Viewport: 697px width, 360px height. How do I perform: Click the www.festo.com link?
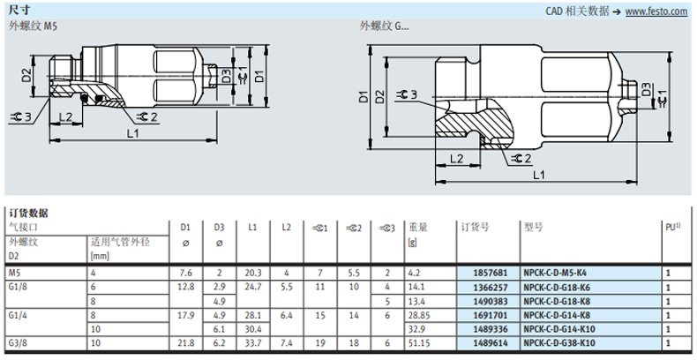coord(656,11)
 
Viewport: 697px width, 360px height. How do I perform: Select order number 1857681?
coord(491,273)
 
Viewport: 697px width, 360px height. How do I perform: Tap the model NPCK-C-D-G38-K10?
coord(559,343)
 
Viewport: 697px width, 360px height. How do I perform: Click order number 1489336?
coord(491,329)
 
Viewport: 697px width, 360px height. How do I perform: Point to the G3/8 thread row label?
coord(18,343)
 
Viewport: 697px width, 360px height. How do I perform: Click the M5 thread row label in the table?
coord(14,273)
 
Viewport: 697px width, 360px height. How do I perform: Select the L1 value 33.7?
coord(253,343)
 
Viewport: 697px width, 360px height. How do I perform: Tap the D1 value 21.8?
coord(186,343)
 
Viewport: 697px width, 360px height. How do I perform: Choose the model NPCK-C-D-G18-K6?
coord(557,287)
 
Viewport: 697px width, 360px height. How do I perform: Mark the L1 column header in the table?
coord(252,227)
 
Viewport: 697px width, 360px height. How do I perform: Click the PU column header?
coord(672,227)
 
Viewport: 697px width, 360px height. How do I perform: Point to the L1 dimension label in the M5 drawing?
coord(133,132)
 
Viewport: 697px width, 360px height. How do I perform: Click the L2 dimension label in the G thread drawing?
coord(456,158)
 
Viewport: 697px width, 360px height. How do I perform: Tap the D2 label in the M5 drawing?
coord(26,75)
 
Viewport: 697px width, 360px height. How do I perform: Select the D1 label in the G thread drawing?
coord(364,96)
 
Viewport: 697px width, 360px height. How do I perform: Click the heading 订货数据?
coord(28,214)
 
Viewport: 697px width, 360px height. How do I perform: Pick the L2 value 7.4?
coord(286,343)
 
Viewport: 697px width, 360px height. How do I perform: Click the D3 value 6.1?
coord(219,329)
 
